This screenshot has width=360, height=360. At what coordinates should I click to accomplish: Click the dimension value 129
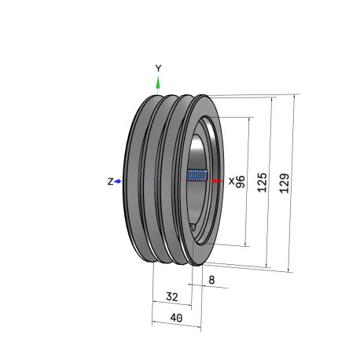pyautogui.click(x=285, y=183)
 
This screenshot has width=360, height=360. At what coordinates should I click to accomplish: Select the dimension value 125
pyautogui.click(x=262, y=182)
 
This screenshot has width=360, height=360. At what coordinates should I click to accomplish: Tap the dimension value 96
pyautogui.click(x=241, y=182)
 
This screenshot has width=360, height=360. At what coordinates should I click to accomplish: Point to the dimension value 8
pyautogui.click(x=211, y=280)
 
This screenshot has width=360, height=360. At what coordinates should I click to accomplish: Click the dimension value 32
pyautogui.click(x=172, y=296)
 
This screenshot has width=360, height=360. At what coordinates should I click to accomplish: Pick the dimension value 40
pyautogui.click(x=176, y=318)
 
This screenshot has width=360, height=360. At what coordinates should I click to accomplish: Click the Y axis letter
pyautogui.click(x=158, y=68)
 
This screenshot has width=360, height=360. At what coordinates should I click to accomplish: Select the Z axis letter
pyautogui.click(x=110, y=182)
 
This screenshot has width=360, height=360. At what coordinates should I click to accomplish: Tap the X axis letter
pyautogui.click(x=232, y=181)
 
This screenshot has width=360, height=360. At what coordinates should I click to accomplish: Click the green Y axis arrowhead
pyautogui.click(x=158, y=83)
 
